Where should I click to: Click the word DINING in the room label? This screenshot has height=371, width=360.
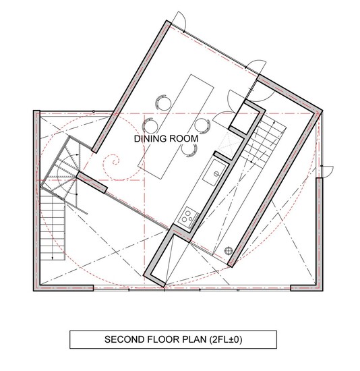150,139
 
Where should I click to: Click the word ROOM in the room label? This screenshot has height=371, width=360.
184,139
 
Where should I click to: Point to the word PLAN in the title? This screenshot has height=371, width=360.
194,339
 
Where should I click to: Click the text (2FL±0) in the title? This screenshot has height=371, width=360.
226,339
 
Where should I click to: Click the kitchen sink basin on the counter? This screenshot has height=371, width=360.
214,173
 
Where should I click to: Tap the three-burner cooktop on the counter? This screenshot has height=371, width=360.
188,217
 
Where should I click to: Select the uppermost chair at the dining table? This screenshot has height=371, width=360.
163,103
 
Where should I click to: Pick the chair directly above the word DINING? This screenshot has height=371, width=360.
150,125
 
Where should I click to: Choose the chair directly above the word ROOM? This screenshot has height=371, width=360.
202,125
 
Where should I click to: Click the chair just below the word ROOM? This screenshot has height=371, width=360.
189,150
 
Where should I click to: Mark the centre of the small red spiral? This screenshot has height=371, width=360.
115,163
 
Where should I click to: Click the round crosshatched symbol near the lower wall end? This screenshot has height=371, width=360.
229,250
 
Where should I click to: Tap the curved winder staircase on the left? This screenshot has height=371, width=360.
64,171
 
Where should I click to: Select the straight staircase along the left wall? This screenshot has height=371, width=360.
53,227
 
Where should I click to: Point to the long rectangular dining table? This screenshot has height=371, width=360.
176,127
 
